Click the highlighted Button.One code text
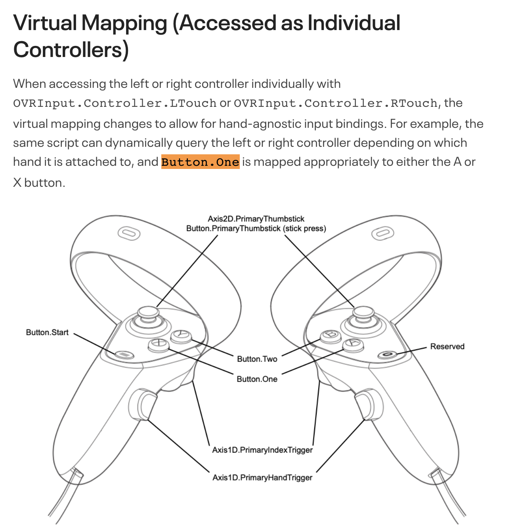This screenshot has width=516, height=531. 200,162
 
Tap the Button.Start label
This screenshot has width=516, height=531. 47,332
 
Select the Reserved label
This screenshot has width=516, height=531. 447,347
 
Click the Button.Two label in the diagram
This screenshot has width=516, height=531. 257,359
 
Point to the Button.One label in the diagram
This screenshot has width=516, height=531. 257,379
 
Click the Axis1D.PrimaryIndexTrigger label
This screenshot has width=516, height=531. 262,450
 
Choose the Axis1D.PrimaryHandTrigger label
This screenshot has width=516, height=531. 262,478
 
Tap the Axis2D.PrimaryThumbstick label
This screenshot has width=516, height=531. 256,219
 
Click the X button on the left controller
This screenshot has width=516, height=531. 159,343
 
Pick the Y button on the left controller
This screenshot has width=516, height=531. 182,335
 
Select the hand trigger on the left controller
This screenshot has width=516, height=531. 141,404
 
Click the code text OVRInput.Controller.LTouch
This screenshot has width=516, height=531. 115,103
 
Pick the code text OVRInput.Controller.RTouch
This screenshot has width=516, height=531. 335,103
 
